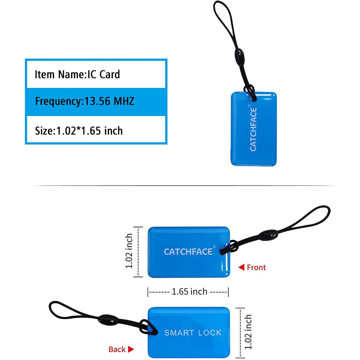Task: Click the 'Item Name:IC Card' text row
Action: [x=77, y=74]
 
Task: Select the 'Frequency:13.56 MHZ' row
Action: [x=85, y=102]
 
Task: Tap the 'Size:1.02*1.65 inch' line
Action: [x=79, y=131]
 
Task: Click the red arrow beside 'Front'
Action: [x=241, y=268]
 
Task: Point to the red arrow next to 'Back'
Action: [x=131, y=349]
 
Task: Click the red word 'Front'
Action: [x=256, y=268]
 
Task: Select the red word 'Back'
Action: [x=117, y=349]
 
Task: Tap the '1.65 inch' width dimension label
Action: [x=189, y=291]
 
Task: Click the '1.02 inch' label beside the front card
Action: [x=129, y=251]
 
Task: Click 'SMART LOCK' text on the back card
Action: [x=193, y=333]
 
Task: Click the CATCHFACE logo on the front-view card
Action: [x=188, y=252]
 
